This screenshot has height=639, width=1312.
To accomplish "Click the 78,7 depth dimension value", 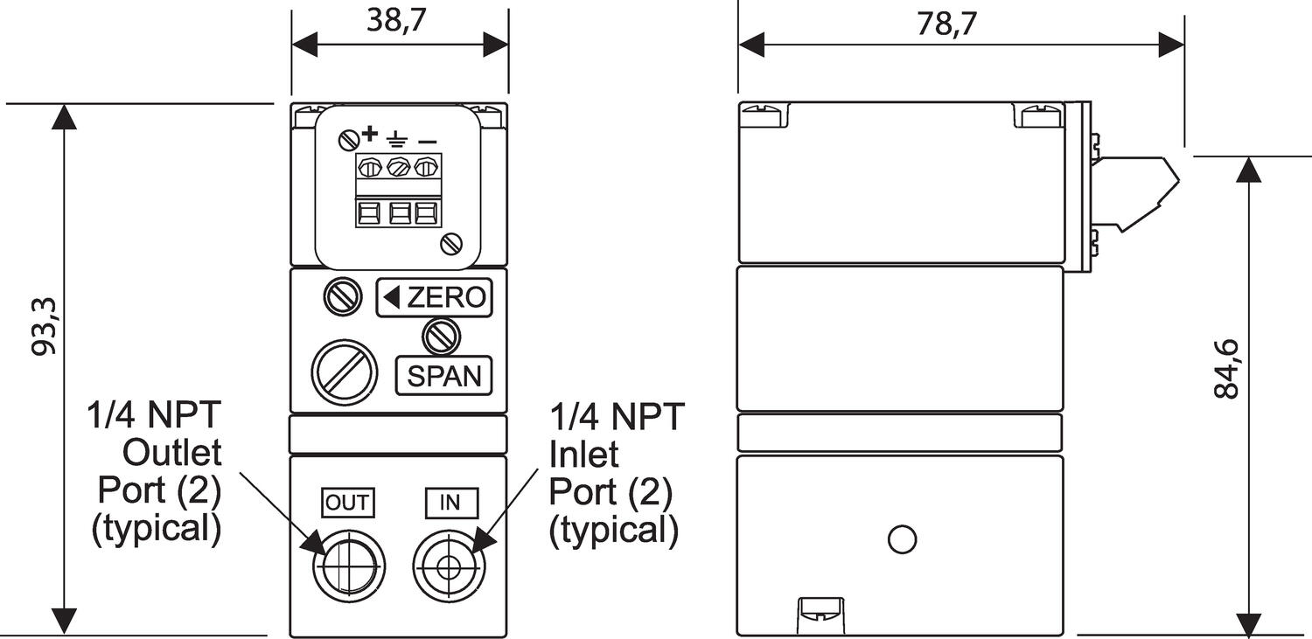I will pos(946,23).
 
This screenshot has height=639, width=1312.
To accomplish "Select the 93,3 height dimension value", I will pos(44,326).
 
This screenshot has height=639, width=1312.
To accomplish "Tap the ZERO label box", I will pos(435,298).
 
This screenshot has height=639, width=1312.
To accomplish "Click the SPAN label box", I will pos(444,376).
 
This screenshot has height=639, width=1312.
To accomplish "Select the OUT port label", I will pos(347,503).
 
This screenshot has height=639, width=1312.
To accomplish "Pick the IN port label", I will pos(450,503).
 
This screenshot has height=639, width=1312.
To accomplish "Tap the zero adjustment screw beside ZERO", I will pos(342,296).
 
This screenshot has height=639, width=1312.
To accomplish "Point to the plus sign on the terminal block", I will pos(369,134).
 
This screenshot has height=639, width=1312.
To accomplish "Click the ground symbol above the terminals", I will pos(397,137).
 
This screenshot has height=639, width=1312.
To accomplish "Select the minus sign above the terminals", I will pos(428,139).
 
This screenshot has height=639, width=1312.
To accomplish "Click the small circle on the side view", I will pos(901,538).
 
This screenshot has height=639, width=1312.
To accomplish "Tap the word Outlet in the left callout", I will pos(172,454).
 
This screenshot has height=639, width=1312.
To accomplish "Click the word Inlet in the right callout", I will pos(583,454).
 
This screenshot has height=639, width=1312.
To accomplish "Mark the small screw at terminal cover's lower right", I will pos(452,244).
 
